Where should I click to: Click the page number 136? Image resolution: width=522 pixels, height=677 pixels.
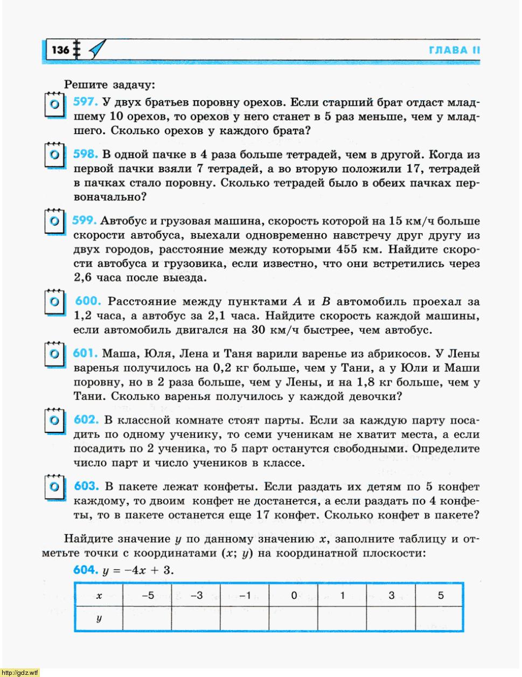(x=60, y=50)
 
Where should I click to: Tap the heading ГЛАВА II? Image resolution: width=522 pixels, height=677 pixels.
(x=454, y=51)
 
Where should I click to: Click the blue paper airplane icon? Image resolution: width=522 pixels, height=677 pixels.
(x=97, y=50)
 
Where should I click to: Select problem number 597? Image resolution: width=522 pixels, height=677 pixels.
(x=85, y=102)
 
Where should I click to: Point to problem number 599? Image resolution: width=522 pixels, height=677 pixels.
(x=84, y=220)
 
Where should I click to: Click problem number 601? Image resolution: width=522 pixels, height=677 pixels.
(x=85, y=353)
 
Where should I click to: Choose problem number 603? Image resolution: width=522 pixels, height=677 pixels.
(x=86, y=486)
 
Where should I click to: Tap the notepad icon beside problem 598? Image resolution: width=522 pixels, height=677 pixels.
(x=54, y=155)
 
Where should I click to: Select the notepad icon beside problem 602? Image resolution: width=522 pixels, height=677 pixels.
(x=54, y=420)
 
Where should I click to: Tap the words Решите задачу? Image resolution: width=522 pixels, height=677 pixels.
(x=109, y=85)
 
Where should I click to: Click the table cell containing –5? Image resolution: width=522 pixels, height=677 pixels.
(x=147, y=595)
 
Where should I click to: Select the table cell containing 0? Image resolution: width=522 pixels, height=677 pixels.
(x=294, y=595)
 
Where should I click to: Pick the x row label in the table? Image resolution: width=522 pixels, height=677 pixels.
(x=99, y=595)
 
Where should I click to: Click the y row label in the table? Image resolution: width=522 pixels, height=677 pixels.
(x=99, y=618)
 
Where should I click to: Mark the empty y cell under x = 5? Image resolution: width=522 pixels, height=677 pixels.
(x=440, y=618)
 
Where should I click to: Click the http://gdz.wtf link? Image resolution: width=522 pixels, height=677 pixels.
(x=20, y=672)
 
